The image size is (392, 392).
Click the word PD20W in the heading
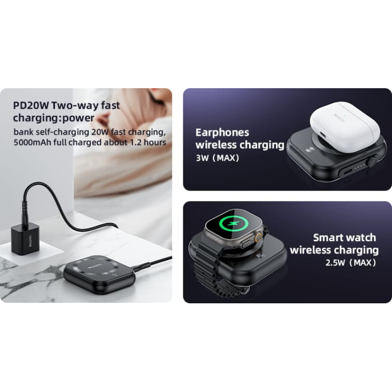[x=31, y=105]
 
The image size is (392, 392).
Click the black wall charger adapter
[x=23, y=240]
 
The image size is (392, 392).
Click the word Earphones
[x=222, y=132]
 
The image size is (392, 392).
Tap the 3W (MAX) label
[x=218, y=158]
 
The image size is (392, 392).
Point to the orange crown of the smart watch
[x=258, y=236]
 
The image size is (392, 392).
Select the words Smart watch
[x=344, y=238]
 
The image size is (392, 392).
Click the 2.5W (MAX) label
[x=350, y=263]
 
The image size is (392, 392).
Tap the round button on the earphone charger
[x=372, y=162]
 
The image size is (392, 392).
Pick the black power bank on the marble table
[x=99, y=274]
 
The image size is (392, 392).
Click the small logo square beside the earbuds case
[x=310, y=150]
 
